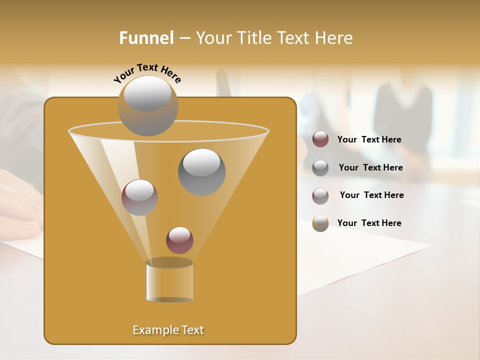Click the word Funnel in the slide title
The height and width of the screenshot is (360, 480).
[146, 38]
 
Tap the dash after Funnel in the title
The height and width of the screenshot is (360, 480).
[184, 38]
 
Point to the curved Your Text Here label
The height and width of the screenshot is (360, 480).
[147, 72]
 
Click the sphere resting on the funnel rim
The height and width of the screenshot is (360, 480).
[147, 105]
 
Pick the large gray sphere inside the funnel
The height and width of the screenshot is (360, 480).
[201, 171]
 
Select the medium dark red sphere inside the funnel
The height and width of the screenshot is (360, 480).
[139, 197]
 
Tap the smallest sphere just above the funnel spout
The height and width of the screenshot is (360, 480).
[179, 240]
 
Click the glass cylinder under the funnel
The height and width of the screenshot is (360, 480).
[169, 281]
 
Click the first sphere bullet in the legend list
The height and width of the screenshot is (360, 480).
[320, 139]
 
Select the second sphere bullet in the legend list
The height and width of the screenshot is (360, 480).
[320, 168]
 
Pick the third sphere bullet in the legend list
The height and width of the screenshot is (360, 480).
[320, 195]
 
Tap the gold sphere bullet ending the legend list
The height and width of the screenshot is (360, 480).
[320, 223]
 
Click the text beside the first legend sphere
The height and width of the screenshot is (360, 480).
[369, 139]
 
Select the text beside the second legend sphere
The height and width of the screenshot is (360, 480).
[370, 167]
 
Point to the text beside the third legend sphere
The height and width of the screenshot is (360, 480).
[371, 195]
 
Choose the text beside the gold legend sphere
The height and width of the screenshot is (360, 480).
[369, 223]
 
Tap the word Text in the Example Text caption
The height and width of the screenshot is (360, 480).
[192, 330]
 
